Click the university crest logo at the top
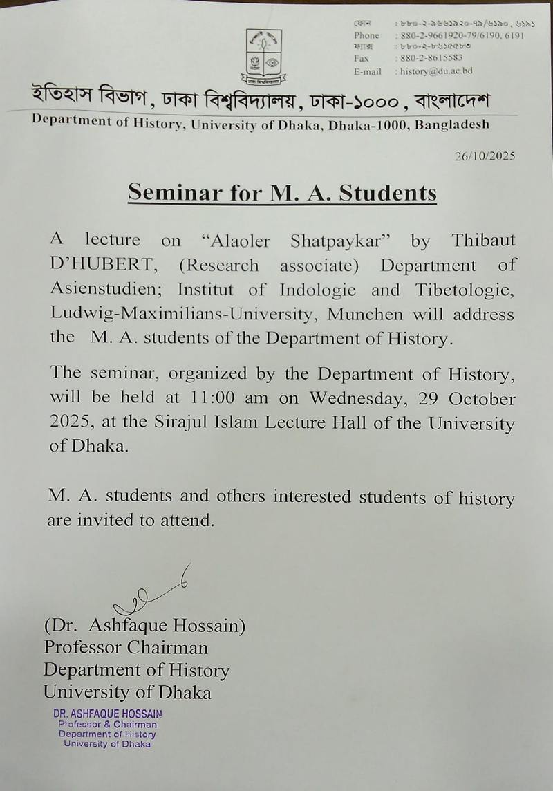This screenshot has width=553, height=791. (264, 56)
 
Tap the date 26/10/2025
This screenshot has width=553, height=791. (485, 156)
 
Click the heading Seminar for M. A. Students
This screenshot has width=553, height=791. (282, 192)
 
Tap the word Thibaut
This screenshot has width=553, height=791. (483, 241)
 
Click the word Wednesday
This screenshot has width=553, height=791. (353, 398)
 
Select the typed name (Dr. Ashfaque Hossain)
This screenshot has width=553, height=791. (144, 626)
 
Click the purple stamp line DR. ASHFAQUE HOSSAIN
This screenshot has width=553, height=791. (108, 714)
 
